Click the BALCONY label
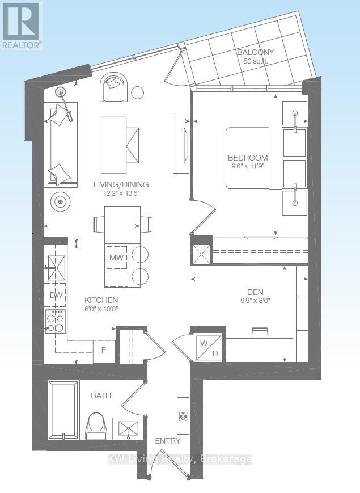click(x=255, y=52)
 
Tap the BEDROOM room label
click(x=248, y=158)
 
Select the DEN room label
click(x=255, y=292)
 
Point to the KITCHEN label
click(x=101, y=300)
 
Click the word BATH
click(x=101, y=395)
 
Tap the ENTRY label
click(x=168, y=441)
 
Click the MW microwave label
click(x=116, y=258)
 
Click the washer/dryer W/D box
click(x=209, y=348)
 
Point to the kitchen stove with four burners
click(x=56, y=321)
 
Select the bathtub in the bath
click(x=63, y=410)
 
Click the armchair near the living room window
click(x=114, y=87)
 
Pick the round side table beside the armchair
click(x=137, y=92)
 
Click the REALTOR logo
click(x=22, y=25)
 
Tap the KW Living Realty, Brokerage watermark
click(x=180, y=460)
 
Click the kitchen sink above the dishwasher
click(x=56, y=268)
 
